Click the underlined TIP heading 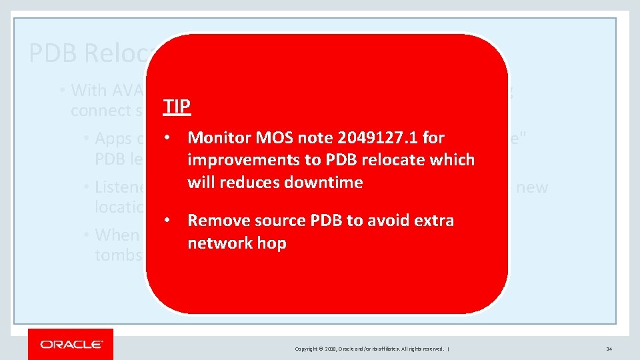click(x=177, y=106)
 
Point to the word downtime click(x=323, y=183)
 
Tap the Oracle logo click(x=71, y=344)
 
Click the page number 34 click(x=609, y=349)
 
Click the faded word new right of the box click(x=532, y=187)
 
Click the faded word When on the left click(x=117, y=235)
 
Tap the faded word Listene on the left click(x=120, y=187)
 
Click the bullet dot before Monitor click(x=171, y=138)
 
